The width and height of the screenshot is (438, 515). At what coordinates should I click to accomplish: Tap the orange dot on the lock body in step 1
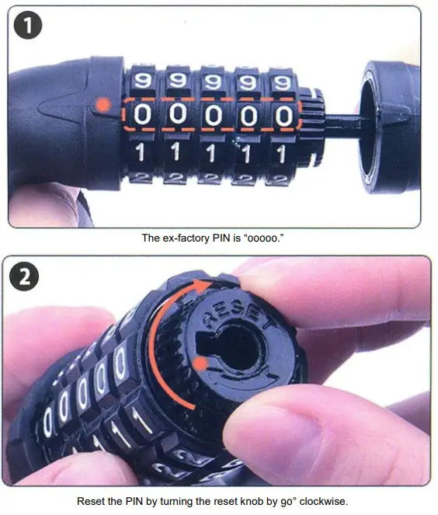click(99, 104)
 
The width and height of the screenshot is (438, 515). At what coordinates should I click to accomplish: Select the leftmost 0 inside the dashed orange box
click(143, 116)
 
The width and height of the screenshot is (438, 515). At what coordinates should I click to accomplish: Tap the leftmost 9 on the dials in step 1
click(143, 80)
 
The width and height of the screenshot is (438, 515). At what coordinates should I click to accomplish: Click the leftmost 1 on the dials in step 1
click(143, 153)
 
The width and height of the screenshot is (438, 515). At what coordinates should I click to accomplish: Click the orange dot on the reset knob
click(201, 363)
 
